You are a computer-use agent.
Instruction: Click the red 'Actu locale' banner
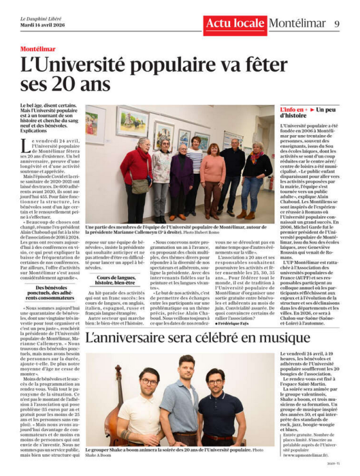click(234, 24)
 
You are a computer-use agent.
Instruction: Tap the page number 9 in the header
click(337, 24)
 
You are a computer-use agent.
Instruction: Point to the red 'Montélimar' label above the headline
click(38, 49)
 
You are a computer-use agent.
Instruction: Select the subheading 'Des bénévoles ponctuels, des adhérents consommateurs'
click(52, 293)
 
